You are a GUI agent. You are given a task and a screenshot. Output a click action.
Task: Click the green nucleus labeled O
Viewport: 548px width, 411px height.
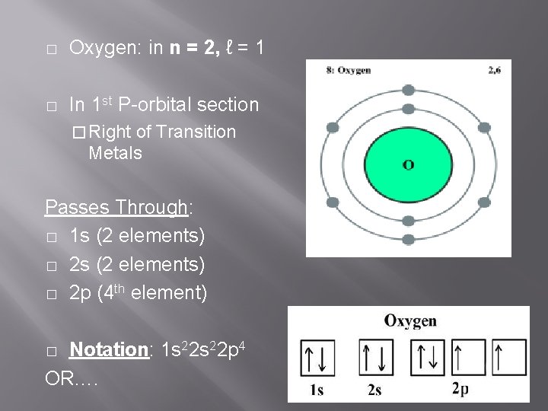[409, 161]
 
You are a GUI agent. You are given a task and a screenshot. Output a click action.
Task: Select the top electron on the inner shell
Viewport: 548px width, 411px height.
[409, 110]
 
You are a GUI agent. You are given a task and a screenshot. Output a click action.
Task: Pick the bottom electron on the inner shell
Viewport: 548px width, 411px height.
[409, 215]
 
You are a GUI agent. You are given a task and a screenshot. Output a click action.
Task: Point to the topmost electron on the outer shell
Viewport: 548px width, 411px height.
[409, 88]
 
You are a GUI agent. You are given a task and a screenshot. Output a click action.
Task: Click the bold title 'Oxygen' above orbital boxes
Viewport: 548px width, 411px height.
[410, 320]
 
